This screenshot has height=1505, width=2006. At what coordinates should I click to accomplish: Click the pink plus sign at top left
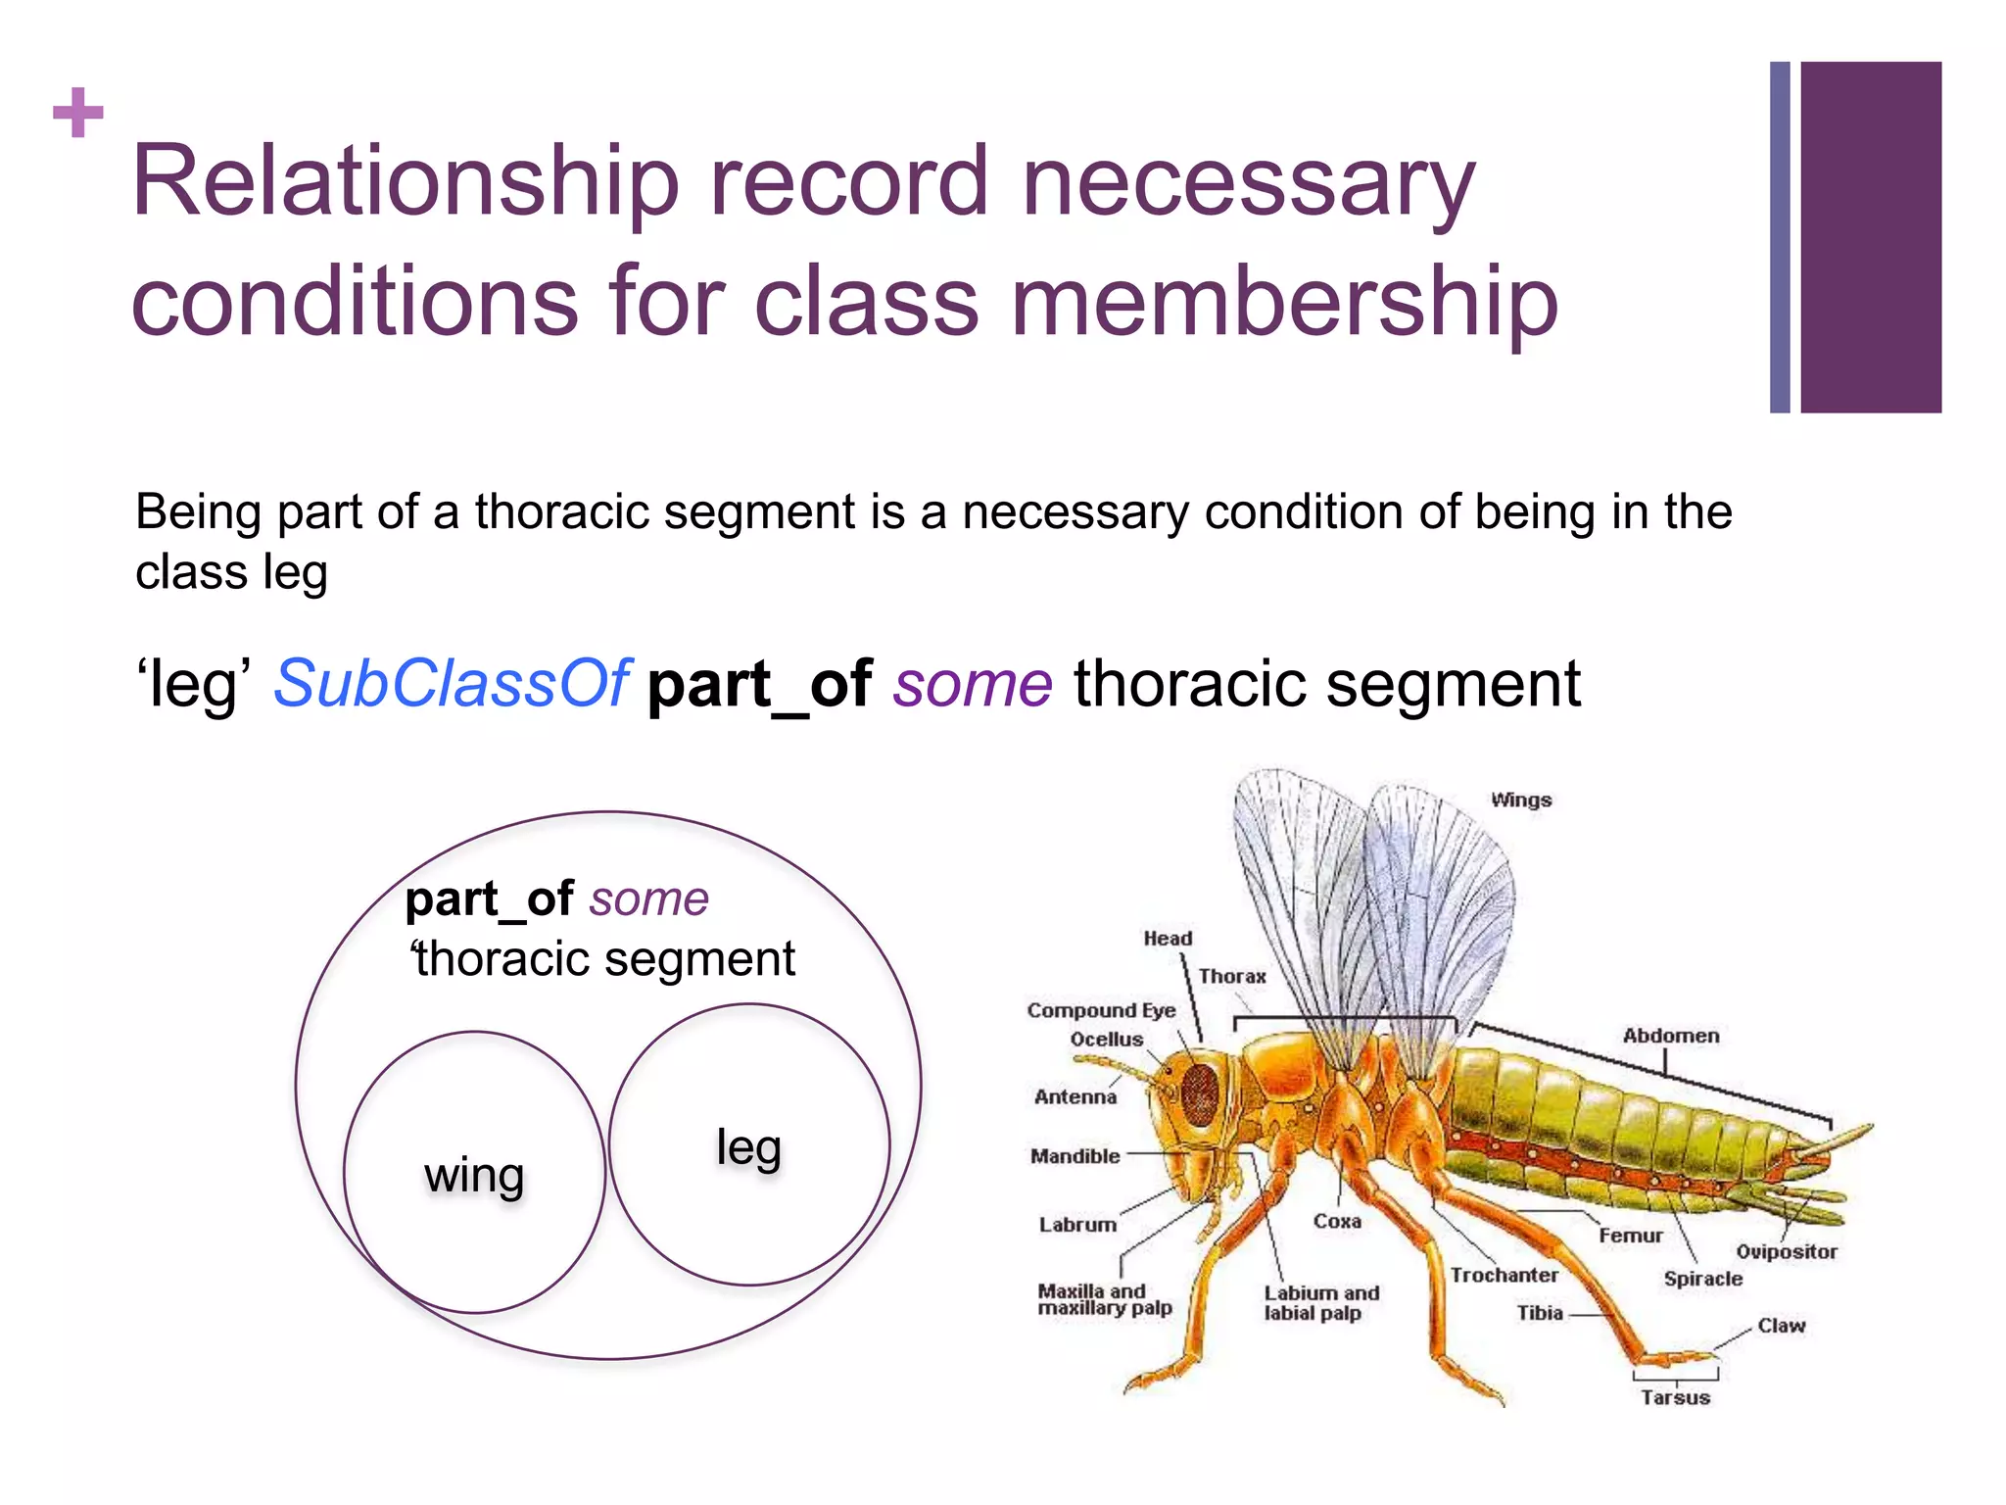[78, 113]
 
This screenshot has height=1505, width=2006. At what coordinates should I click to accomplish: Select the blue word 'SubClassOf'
[451, 684]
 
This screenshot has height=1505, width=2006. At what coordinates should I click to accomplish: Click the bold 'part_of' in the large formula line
[759, 684]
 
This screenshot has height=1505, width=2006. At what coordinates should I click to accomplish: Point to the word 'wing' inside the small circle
[474, 1174]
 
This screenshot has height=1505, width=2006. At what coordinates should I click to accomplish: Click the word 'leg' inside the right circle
[748, 1146]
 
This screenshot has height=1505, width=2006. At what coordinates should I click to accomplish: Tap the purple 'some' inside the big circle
[649, 898]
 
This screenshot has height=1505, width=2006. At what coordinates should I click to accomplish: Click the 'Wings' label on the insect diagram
[1520, 800]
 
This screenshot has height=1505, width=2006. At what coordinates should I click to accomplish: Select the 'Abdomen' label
[1670, 1036]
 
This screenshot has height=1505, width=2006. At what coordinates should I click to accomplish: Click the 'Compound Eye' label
[1101, 1010]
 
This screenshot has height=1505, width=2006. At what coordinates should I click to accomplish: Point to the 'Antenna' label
[1075, 1096]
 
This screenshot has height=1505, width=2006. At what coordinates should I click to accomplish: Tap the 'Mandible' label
[1075, 1156]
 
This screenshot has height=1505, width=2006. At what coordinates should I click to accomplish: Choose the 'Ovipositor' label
[1786, 1251]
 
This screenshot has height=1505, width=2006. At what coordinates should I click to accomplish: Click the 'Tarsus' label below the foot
[1675, 1397]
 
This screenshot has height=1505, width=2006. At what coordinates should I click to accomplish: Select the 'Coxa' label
[1336, 1221]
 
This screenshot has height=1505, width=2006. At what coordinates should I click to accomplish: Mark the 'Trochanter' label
[1504, 1275]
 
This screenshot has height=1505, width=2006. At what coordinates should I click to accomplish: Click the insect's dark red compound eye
[1199, 1091]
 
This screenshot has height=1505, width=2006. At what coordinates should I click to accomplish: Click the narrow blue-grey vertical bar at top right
[1780, 237]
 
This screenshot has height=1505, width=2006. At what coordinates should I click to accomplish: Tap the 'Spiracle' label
[1702, 1279]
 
